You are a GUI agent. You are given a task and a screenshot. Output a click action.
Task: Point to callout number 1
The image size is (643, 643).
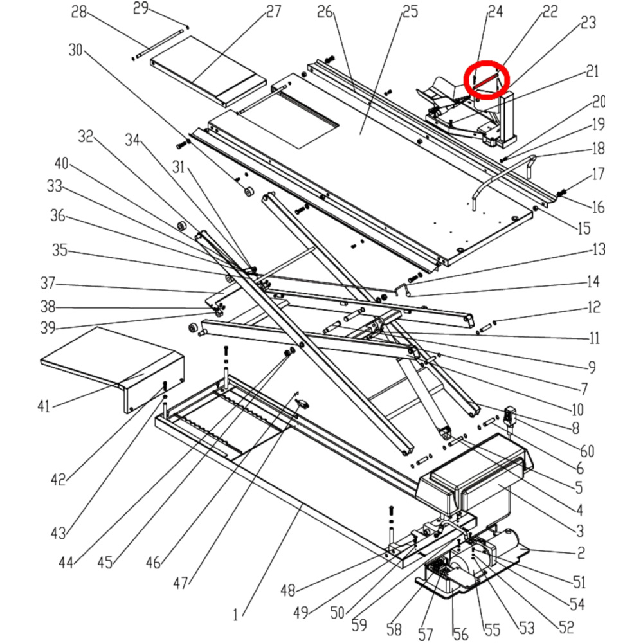236,615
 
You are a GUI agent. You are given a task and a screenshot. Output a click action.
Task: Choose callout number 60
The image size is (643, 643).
587,451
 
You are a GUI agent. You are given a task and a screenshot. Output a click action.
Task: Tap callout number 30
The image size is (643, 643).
76,50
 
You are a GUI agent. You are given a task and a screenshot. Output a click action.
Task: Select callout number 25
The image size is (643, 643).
410,12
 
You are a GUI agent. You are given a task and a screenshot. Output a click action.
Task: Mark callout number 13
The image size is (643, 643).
599,249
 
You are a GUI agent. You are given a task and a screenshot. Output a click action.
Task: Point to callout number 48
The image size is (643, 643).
287,590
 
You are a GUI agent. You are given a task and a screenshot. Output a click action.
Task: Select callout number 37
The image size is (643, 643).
48,283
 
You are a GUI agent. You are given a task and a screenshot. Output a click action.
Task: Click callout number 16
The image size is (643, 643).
598,207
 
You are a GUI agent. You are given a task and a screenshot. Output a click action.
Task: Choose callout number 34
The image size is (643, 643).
132,140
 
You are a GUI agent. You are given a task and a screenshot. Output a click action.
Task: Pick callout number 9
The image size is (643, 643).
591,368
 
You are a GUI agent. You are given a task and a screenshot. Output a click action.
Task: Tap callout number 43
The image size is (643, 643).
59,533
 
